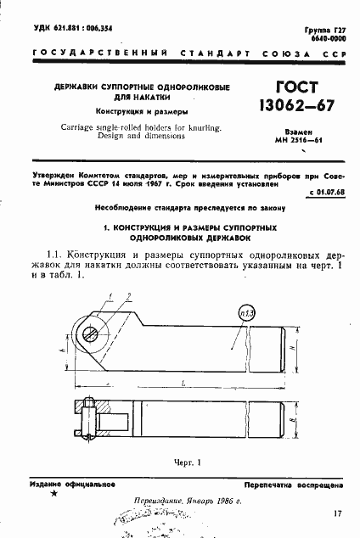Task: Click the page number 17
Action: point(338,513)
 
